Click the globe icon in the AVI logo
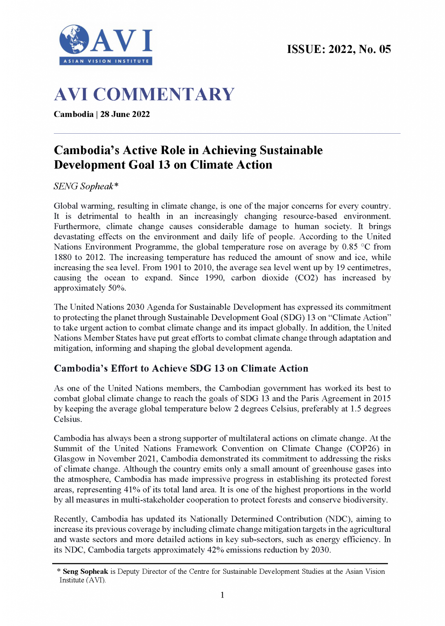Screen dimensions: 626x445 pos(74,39)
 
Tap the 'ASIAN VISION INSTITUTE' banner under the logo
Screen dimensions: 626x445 pos(106,61)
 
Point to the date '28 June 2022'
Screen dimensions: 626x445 pos(125,114)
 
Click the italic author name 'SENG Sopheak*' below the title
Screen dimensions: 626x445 pos(86,186)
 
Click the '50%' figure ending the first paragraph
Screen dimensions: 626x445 pos(117,288)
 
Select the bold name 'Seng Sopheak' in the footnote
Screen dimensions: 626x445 pos(85,572)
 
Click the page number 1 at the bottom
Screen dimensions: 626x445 pos(222,595)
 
